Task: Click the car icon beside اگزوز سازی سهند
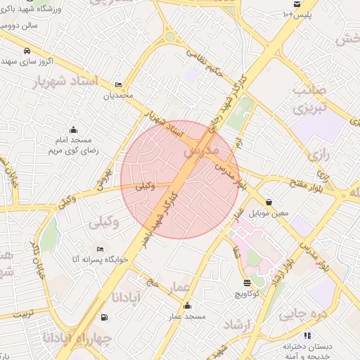[27, 51]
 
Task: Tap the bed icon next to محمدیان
[117, 84]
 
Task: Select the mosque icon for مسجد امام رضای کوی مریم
[73, 129]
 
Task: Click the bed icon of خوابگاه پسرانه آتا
[100, 249]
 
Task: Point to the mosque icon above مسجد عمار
[187, 306]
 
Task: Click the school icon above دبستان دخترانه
[307, 336]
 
